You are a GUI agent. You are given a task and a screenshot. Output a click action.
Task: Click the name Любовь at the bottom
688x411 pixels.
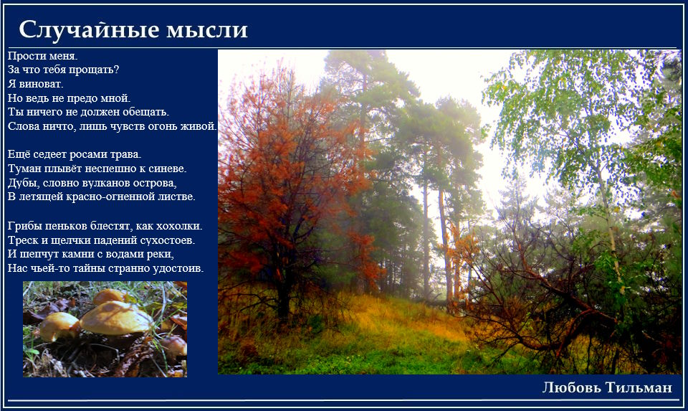coord(571,387)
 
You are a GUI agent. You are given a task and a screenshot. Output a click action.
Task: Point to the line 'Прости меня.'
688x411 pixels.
coord(42,56)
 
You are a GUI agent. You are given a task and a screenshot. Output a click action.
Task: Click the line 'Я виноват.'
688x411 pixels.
coord(36,83)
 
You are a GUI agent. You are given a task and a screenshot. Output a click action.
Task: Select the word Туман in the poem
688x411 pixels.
coord(22,168)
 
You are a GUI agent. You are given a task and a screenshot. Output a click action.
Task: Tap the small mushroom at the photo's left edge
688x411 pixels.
coord(58,326)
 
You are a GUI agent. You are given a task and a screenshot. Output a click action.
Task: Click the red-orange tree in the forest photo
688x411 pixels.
coord(290,176)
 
